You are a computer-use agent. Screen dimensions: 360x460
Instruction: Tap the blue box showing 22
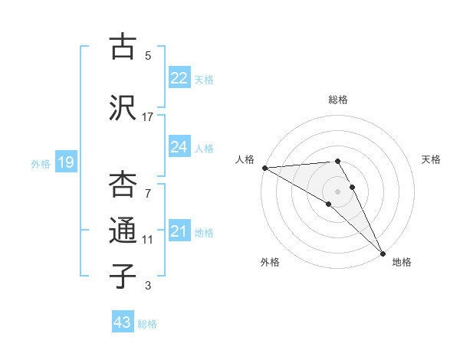pyautogui.click(x=179, y=78)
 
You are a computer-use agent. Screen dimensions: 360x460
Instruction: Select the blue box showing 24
pyautogui.click(x=179, y=147)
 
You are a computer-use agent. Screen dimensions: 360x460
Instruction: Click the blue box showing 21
pyautogui.click(x=179, y=231)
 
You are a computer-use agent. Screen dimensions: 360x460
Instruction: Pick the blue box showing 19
pyautogui.click(x=66, y=162)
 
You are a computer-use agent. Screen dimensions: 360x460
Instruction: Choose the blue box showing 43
pyautogui.click(x=123, y=322)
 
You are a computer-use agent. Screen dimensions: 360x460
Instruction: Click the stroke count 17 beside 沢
pyautogui.click(x=148, y=117)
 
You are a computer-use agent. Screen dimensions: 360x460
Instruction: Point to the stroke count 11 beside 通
pyautogui.click(x=148, y=240)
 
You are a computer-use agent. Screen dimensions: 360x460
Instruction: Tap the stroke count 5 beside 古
pyautogui.click(x=148, y=56)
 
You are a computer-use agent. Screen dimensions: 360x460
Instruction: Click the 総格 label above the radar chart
pyautogui.click(x=338, y=100)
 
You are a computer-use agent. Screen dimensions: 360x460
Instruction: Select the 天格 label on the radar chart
pyautogui.click(x=431, y=159)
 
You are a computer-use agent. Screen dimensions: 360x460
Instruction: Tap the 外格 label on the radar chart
pyautogui.click(x=270, y=262)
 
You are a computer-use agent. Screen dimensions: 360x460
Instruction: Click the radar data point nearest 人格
pyautogui.click(x=264, y=168)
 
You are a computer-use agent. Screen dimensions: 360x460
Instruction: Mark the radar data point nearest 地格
pyautogui.click(x=382, y=252)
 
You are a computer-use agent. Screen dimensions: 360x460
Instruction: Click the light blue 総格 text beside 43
pyautogui.click(x=147, y=324)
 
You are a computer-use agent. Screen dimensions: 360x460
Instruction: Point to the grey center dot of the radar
pyautogui.click(x=337, y=190)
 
